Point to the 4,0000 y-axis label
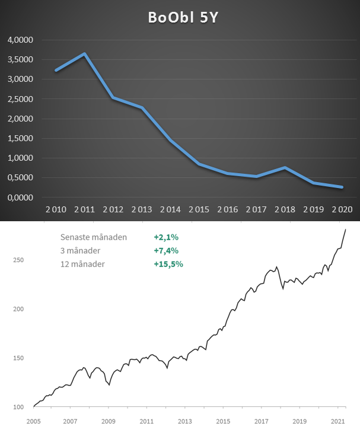click(20, 40)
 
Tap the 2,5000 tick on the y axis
click(20, 99)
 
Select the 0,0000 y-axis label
click(20, 198)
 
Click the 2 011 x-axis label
click(84, 209)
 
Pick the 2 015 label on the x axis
click(199, 209)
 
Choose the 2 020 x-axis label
click(342, 209)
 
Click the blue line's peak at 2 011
click(85, 54)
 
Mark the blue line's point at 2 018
click(285, 168)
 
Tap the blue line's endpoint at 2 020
click(342, 187)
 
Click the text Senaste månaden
click(94, 237)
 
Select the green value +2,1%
click(166, 237)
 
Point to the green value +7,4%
click(166, 250)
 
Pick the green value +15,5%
click(168, 263)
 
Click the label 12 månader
click(82, 263)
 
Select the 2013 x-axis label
click(185, 421)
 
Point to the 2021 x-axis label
click(337, 421)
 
